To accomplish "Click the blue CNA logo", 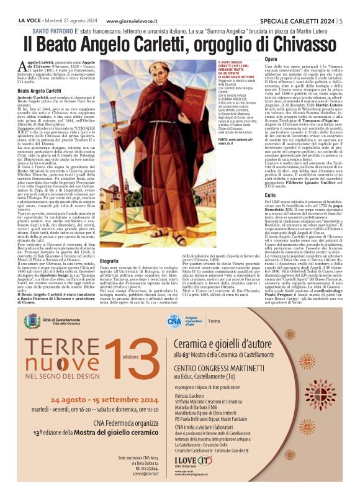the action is (174, 320).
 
